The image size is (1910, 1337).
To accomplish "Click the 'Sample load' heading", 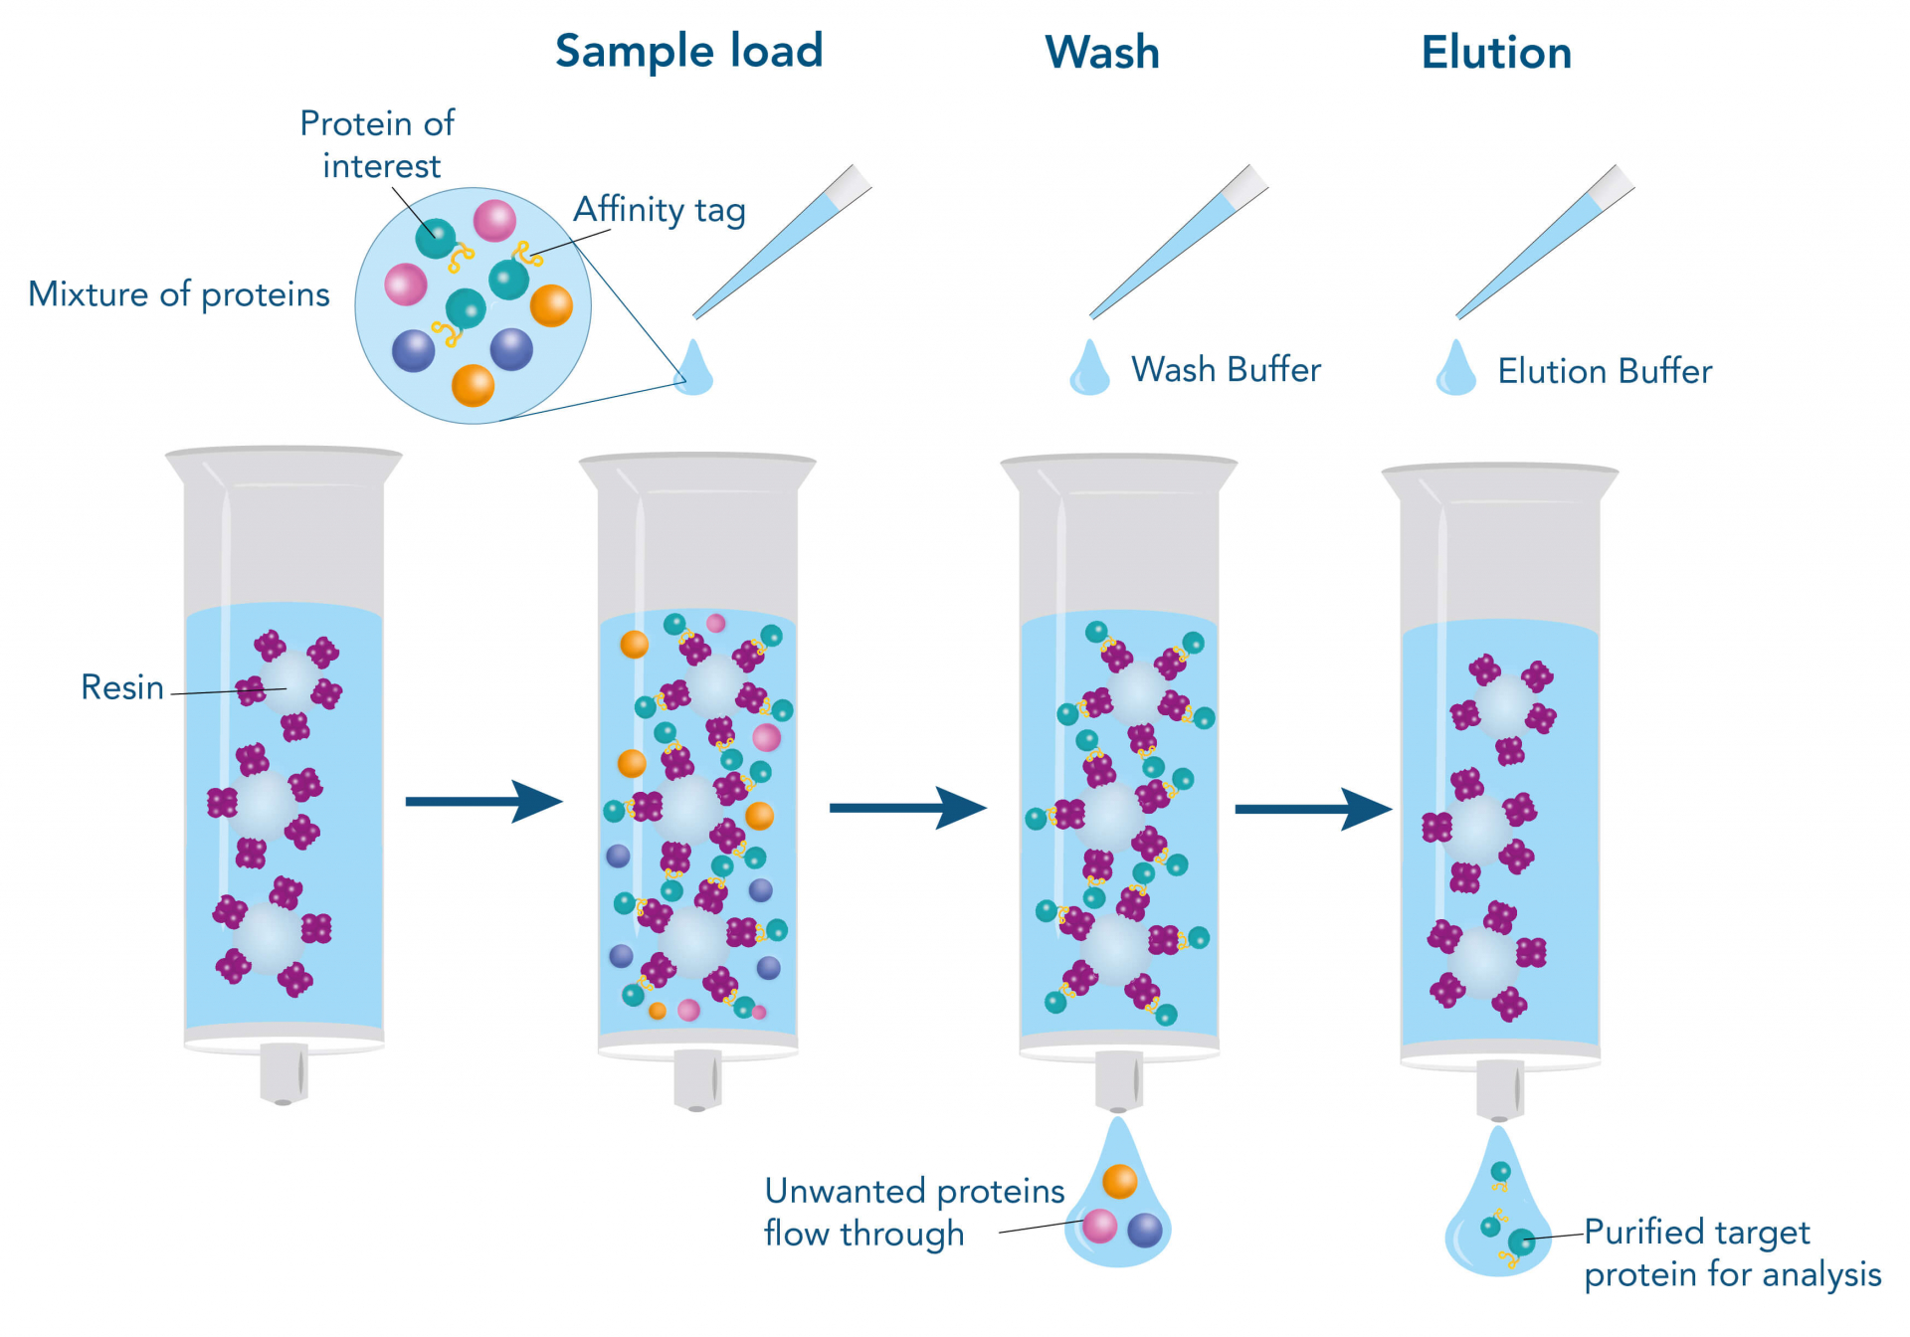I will [x=688, y=52].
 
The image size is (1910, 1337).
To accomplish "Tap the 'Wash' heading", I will [x=1101, y=53].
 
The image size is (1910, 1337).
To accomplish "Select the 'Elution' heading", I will [x=1495, y=53].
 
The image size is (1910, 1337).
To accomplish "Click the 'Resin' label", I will [x=121, y=687].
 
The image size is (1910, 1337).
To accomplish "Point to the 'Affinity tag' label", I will [x=659, y=210].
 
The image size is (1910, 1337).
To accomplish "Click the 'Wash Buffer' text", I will [x=1226, y=370].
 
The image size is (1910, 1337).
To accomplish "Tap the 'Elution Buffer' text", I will [x=1604, y=372].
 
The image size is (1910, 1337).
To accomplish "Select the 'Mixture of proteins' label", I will [x=179, y=294].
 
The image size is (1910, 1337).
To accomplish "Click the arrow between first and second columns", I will [x=483, y=801].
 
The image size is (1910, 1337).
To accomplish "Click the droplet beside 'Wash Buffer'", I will [x=1089, y=370].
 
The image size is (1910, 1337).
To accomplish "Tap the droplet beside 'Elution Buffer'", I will [x=1455, y=370].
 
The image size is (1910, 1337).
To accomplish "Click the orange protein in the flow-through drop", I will [x=1119, y=1181].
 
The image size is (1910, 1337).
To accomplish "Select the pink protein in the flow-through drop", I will [x=1099, y=1226].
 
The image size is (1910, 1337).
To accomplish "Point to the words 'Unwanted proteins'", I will [x=913, y=1191].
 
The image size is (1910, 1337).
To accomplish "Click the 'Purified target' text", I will [x=1696, y=1232].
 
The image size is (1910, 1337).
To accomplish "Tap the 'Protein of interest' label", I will [x=378, y=144].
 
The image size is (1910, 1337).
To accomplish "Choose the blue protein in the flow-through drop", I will [x=1145, y=1231].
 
